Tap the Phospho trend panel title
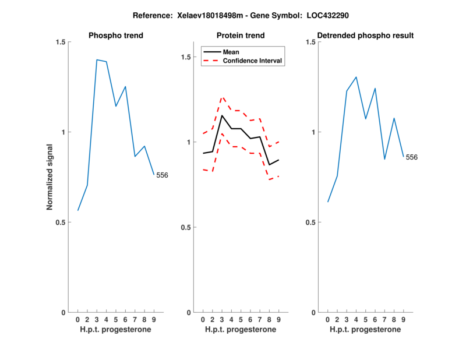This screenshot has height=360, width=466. point(116,36)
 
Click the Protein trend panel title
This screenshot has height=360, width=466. point(241,36)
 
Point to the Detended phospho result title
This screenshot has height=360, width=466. point(366,36)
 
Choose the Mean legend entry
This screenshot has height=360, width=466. point(231,51)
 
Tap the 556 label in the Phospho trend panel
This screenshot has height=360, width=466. point(162,175)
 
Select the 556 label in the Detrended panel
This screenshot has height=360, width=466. point(412,157)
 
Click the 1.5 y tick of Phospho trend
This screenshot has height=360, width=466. point(60,42)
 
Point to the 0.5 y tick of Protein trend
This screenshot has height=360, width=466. point(186,227)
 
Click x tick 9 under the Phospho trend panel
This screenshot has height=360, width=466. point(154,320)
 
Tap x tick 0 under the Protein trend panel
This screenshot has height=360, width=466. point(203,320)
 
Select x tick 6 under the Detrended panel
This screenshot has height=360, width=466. point(375,320)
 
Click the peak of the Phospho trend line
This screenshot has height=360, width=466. point(97,59)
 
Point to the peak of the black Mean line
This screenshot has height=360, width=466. point(222,115)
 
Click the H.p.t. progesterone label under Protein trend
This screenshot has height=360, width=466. point(241,329)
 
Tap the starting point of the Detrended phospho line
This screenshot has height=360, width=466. point(328,202)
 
